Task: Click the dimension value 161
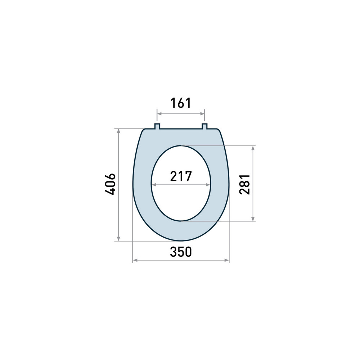[x=181, y=103]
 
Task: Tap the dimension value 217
[x=181, y=176]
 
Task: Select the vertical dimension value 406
[x=110, y=184]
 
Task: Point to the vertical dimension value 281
[x=245, y=184]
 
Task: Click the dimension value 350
[x=181, y=252]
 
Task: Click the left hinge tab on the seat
[x=157, y=126]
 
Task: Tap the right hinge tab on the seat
[x=204, y=126]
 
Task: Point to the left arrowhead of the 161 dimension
[x=159, y=114]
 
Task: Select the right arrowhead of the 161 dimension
[x=202, y=114]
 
